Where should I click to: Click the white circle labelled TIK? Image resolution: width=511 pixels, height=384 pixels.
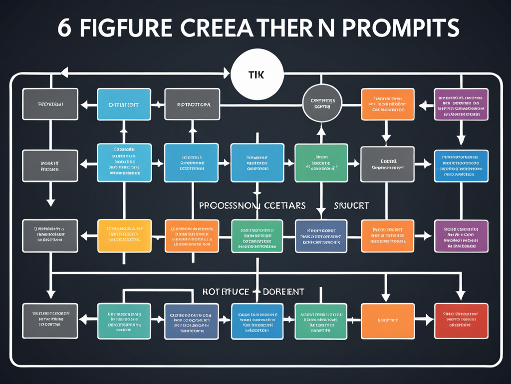click(x=257, y=74)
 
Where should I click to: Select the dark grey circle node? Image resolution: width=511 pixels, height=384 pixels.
click(x=322, y=104)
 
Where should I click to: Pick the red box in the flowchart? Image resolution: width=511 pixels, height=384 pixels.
click(x=461, y=320)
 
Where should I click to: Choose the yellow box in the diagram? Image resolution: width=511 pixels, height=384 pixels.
click(x=124, y=235)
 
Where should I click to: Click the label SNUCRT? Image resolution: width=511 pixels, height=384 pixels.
click(x=351, y=205)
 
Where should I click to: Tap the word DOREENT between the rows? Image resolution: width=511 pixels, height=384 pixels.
click(x=283, y=291)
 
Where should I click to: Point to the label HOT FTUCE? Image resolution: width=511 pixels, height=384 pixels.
click(x=225, y=291)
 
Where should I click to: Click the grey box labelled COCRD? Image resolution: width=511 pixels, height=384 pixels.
click(x=387, y=164)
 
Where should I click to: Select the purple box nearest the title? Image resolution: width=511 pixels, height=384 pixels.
click(x=461, y=104)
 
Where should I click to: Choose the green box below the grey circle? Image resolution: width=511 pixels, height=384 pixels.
click(x=321, y=162)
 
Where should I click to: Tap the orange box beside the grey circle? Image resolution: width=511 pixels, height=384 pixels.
click(x=387, y=104)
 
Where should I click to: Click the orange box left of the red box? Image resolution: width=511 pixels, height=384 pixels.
click(x=387, y=320)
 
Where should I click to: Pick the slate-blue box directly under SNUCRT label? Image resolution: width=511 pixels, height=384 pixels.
click(x=321, y=235)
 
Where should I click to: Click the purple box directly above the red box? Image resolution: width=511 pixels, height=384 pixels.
click(x=461, y=235)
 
